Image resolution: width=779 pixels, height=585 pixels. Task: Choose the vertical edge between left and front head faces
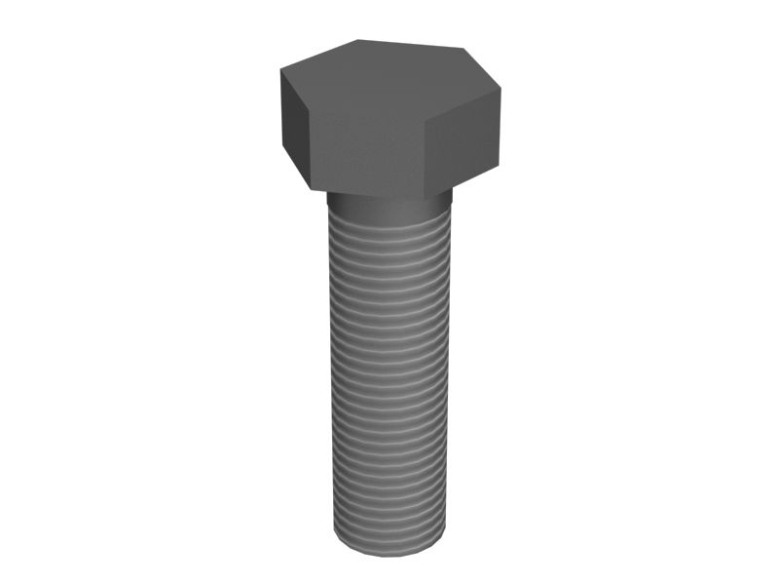point(311,146)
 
